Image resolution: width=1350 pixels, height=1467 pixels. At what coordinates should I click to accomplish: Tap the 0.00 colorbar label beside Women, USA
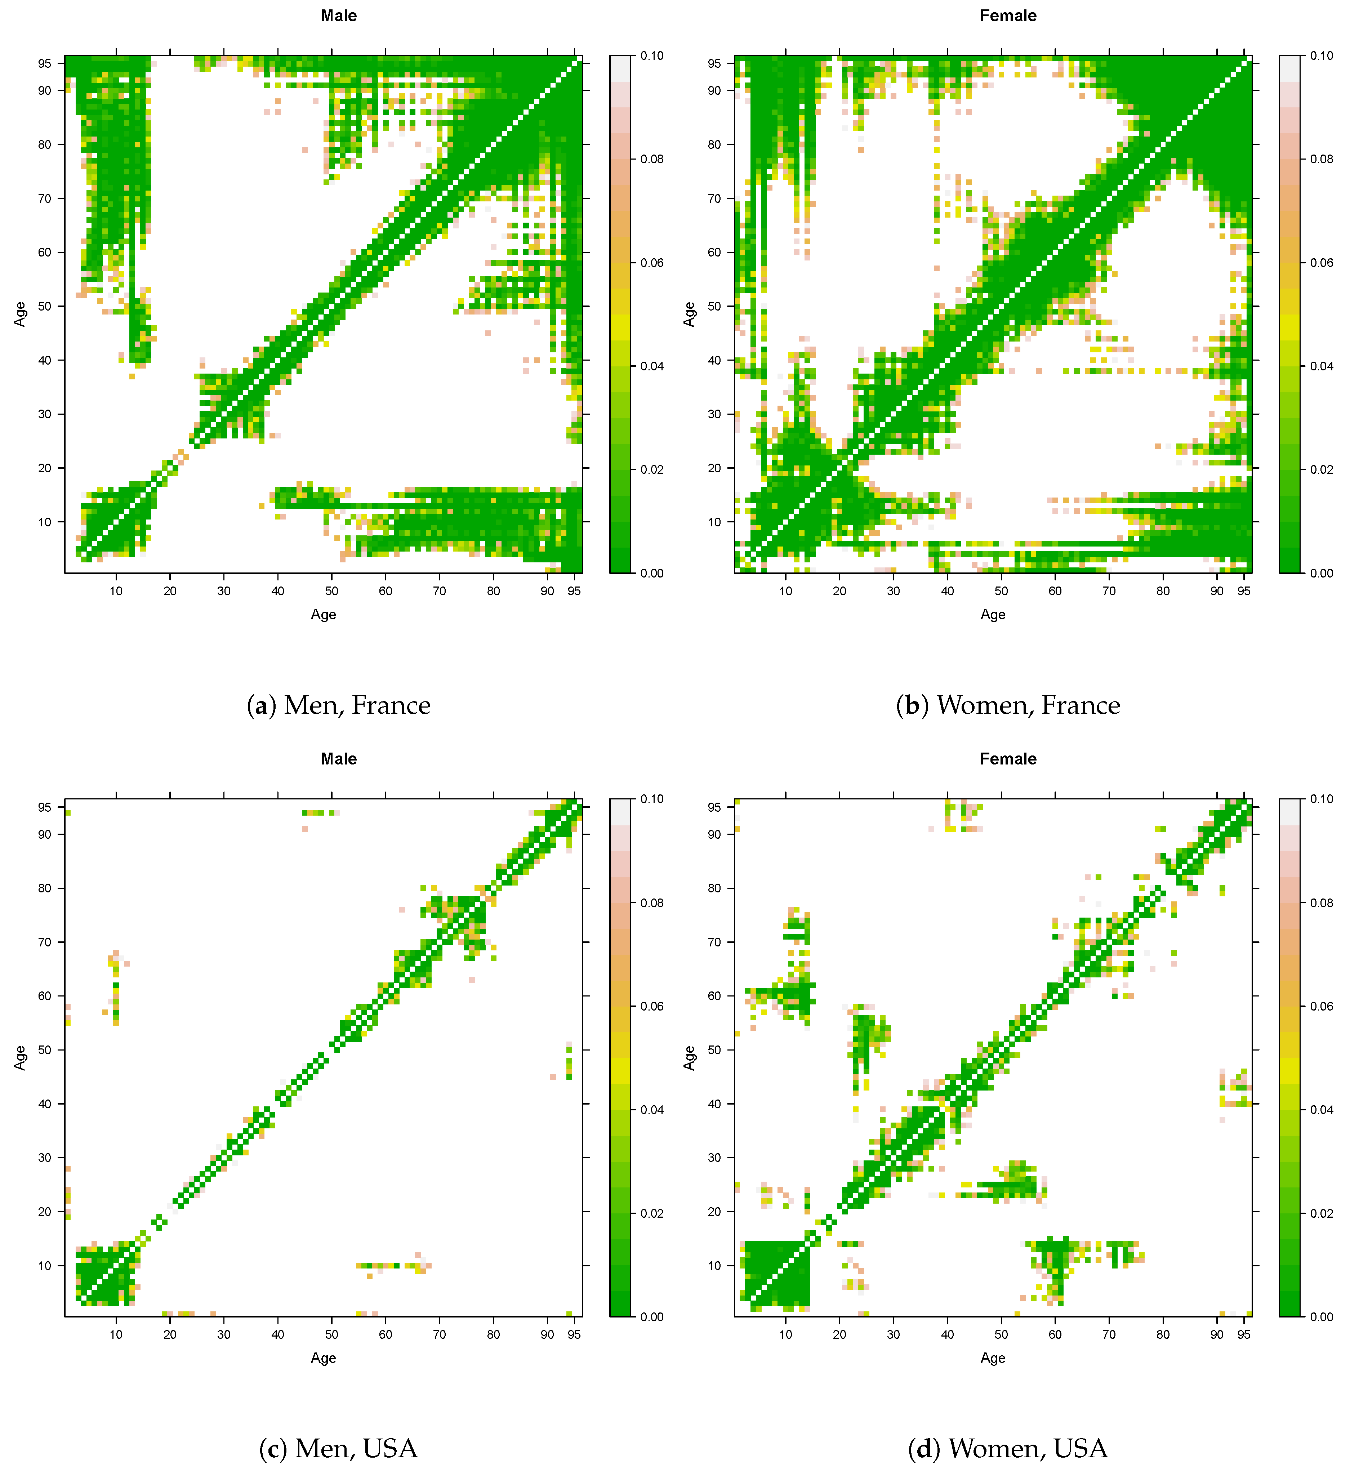[1321, 1316]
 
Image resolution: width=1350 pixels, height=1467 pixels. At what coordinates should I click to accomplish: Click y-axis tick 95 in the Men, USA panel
[45, 807]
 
